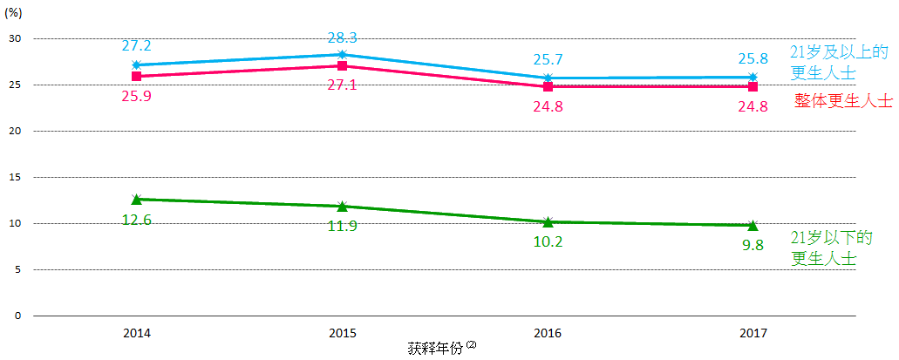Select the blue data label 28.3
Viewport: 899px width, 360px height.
(x=342, y=37)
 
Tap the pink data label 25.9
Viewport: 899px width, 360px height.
(x=136, y=95)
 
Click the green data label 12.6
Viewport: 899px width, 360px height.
(x=136, y=220)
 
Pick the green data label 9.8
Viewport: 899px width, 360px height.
(x=753, y=245)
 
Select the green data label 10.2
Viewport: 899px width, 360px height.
(x=548, y=241)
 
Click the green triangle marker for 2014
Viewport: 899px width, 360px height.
(x=136, y=200)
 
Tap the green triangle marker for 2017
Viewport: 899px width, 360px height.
(x=753, y=226)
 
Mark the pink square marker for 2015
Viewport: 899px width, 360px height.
(x=342, y=65)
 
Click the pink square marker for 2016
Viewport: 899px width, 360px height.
(x=548, y=86)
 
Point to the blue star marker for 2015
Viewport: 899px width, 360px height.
(x=342, y=54)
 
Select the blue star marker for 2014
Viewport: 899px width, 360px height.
(x=136, y=65)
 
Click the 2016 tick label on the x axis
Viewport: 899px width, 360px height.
(x=548, y=333)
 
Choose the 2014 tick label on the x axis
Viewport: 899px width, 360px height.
(x=136, y=333)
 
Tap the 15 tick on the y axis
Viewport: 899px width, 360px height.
(x=15, y=177)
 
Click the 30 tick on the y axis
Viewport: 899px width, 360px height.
(x=15, y=38)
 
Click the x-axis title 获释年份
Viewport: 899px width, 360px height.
(x=435, y=348)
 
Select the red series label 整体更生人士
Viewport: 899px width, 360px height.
(x=843, y=101)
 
